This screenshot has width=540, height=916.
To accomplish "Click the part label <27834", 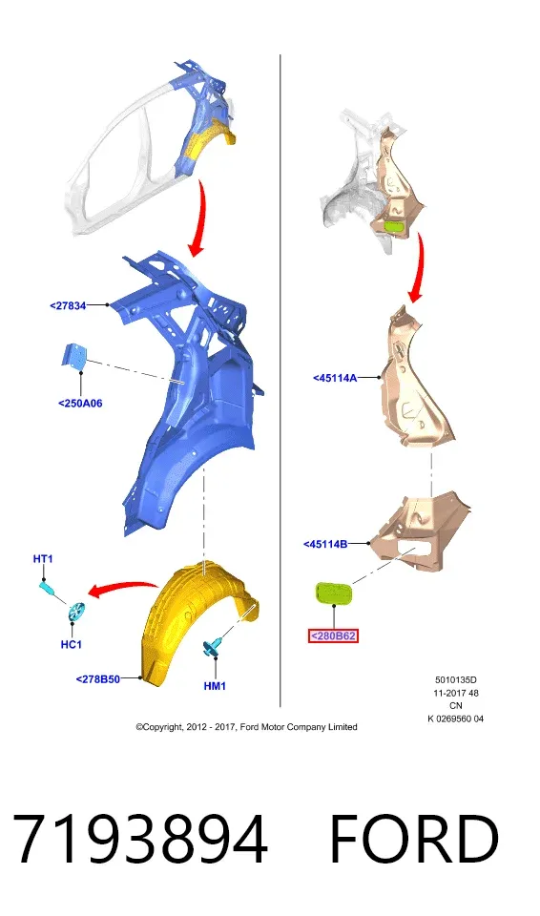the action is point(69,305).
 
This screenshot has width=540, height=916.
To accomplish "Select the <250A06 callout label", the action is point(81,403).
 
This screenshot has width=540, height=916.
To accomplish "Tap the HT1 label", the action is point(43,559).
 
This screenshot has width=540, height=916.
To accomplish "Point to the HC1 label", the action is point(72,644).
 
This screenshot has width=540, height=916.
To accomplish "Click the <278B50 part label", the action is point(98,678).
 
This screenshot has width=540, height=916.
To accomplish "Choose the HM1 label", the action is point(215,686).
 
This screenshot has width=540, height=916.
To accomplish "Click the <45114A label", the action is point(335,378).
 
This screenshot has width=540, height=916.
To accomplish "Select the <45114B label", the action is point(325,545).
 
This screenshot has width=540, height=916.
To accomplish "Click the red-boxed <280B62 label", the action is point(333,635).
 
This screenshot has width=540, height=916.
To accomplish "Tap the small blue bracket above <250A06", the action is point(74,356).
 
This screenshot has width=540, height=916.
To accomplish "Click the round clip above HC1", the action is point(76,611).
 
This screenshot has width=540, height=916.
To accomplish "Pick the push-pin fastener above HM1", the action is point(212,647).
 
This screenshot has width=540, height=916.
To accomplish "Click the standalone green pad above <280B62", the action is point(333,594).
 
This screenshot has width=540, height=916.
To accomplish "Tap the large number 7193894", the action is point(140,839).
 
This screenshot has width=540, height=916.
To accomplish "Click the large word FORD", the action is point(414,839).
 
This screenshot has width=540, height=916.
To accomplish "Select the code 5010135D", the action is point(456,680).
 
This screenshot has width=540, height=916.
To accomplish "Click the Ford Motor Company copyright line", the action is point(246,727).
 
